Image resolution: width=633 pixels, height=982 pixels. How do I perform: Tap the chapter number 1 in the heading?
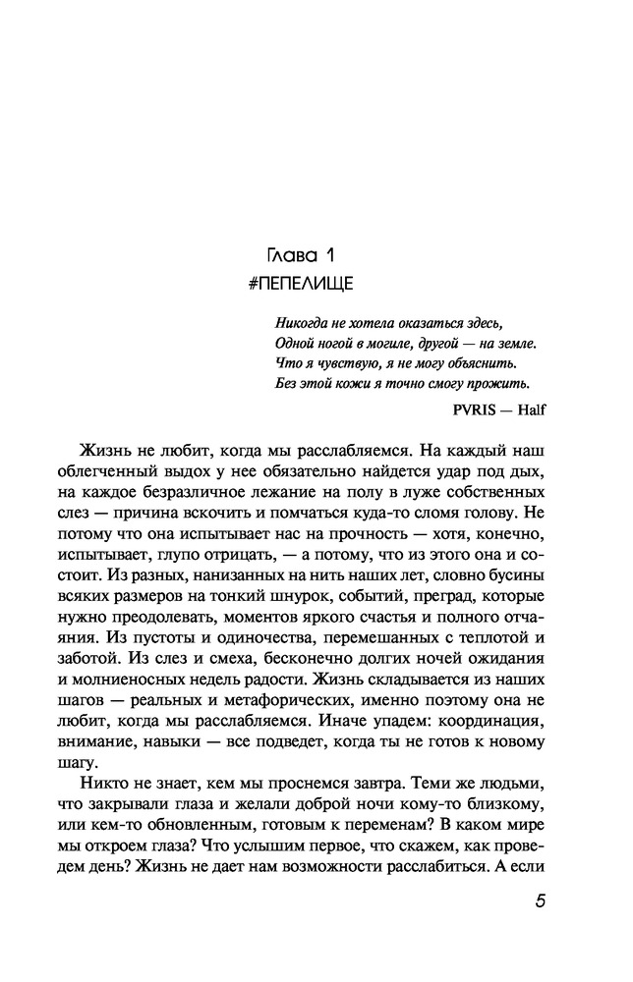coord(332,256)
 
